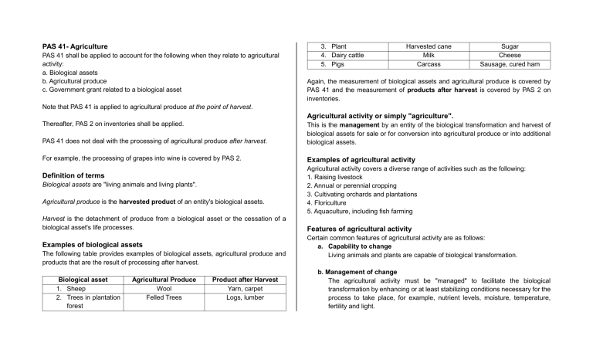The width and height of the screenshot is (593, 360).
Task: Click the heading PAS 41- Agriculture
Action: click(x=75, y=46)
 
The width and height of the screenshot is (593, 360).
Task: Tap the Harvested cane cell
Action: click(x=429, y=46)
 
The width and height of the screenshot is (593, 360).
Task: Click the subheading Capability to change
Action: click(x=364, y=246)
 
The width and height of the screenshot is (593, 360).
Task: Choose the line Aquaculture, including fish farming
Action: click(x=359, y=211)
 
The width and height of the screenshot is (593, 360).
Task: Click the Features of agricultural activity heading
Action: click(x=359, y=229)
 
